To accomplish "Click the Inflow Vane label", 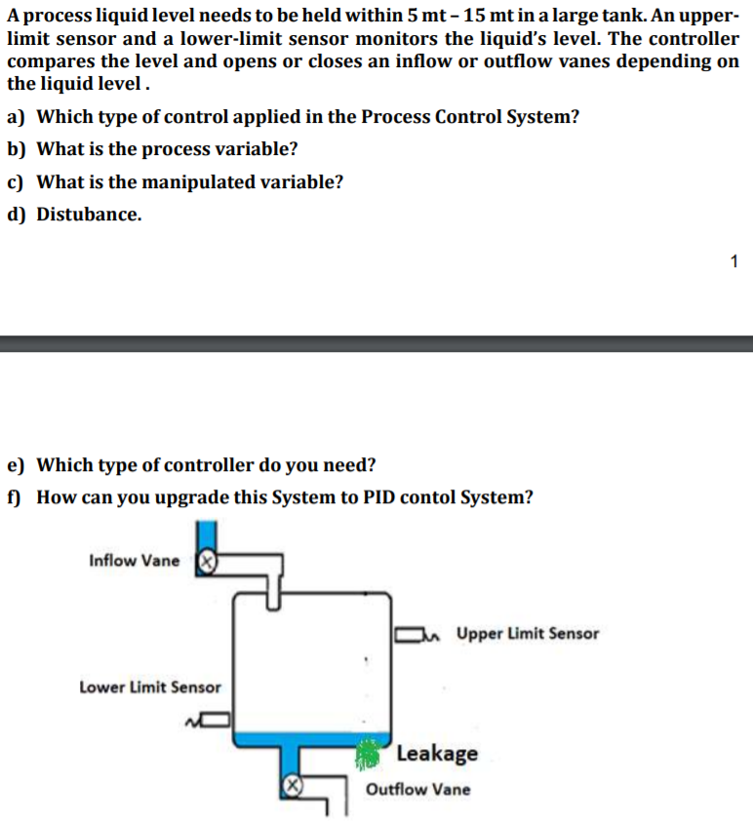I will coord(134,561).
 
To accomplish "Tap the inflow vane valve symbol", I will coord(206,561).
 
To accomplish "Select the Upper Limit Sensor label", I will coord(527,634).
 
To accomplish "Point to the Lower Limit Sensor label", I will coord(149,688).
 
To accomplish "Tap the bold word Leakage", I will coord(437,753).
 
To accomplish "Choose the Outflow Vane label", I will coord(417,789).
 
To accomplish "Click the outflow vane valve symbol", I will coord(290,784).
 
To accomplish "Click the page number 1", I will coord(733,260).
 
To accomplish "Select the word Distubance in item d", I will coord(89,215).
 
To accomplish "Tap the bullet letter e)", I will coord(16,464).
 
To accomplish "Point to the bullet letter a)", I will coord(16,117).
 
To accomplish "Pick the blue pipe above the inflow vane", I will coord(207,536).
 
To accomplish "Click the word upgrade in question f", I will coord(165,497).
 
